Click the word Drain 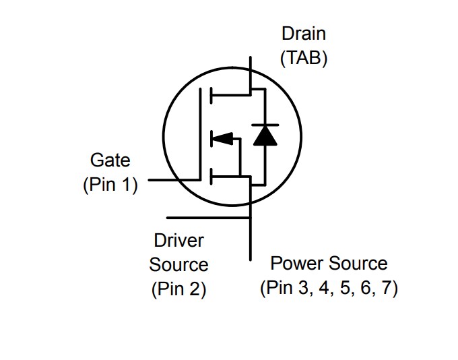point(304,33)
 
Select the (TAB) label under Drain point(304,58)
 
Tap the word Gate point(110,160)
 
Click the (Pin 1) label point(110,185)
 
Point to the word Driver point(178,240)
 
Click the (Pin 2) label point(178,289)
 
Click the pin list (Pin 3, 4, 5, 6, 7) point(329,289)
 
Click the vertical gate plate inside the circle point(201,135)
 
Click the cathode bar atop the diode point(264,125)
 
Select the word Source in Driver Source point(178,264)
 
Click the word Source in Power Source point(357,264)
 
